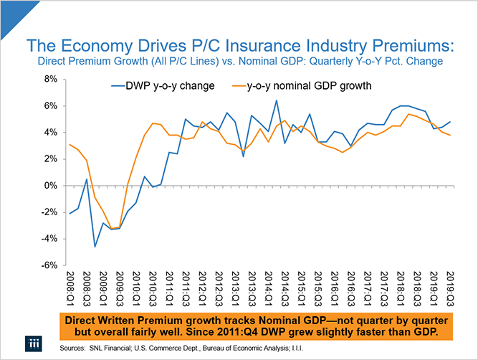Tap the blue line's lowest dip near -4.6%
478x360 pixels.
95,247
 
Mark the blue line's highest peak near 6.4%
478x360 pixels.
276,100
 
